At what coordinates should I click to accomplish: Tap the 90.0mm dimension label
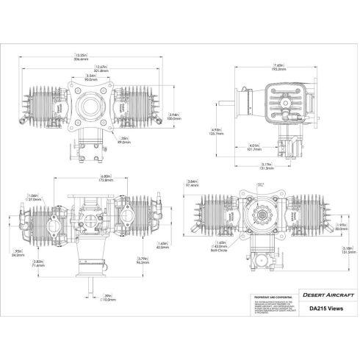pos(91,79)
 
